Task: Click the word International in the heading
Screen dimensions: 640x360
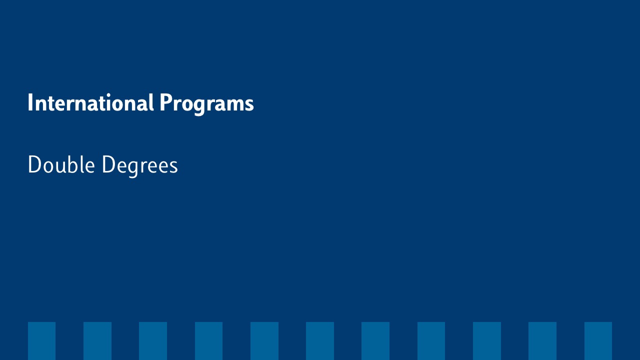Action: point(91,102)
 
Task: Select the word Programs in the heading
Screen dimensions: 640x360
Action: point(206,104)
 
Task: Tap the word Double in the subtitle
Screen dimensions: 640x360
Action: point(61,164)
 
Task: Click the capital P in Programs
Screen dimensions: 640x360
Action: point(165,102)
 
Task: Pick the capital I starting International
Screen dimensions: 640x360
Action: point(30,102)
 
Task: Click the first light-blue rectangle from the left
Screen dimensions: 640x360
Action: point(41,341)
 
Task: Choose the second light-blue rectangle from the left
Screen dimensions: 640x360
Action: point(97,341)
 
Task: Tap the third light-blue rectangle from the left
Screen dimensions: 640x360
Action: point(153,341)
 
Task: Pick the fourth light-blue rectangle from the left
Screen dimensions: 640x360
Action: point(208,341)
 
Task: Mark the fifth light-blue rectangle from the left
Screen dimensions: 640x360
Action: point(264,341)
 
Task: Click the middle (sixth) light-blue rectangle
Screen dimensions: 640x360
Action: point(320,341)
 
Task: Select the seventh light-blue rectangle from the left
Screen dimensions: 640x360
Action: point(375,341)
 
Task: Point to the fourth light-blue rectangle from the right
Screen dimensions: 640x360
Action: point(431,341)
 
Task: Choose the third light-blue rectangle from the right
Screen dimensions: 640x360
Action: point(487,341)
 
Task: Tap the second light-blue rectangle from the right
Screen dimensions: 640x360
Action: point(542,341)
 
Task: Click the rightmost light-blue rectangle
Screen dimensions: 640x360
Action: point(598,341)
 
